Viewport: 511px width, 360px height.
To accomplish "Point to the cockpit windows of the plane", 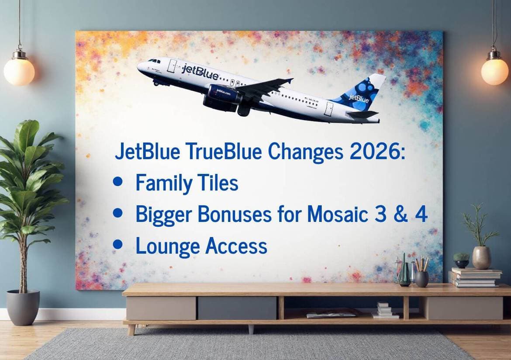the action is (x=154, y=61).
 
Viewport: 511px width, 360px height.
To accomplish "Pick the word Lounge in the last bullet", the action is (x=168, y=247).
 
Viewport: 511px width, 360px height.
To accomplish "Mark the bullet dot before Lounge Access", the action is (x=117, y=244).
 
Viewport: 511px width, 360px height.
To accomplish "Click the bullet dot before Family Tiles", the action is (x=117, y=181).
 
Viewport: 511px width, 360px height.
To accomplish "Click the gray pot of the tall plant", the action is (x=23, y=307).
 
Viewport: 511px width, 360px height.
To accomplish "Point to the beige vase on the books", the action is (x=482, y=257).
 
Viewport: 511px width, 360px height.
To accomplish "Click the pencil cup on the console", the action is (x=422, y=279).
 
